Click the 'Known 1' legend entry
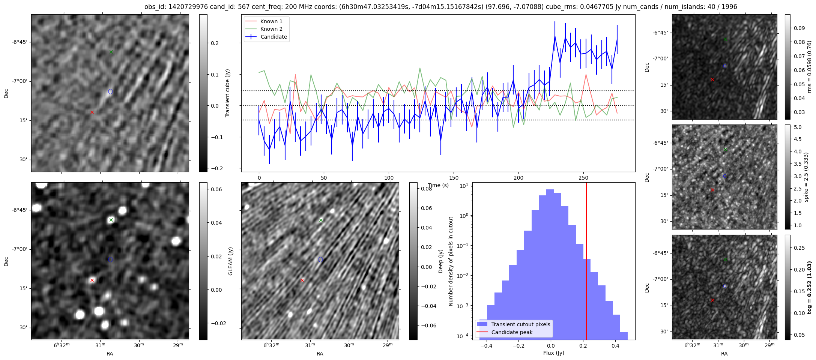pyautogui.click(x=271, y=21)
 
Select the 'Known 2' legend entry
pyautogui.click(x=271, y=29)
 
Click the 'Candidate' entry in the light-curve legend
pyautogui.click(x=274, y=37)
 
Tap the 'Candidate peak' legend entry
pyautogui.click(x=512, y=332)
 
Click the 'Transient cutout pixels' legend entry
pyautogui.click(x=520, y=324)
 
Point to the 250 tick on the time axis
pyautogui.click(x=583, y=178)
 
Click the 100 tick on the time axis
pyautogui.click(x=389, y=178)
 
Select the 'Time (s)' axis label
pyautogui.click(x=438, y=185)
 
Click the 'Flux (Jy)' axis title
pyautogui.click(x=553, y=353)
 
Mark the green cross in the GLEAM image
pyautogui.click(x=111, y=220)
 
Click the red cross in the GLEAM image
pyautogui.click(x=92, y=280)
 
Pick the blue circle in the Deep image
pyautogui.click(x=320, y=259)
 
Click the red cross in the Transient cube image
pyautogui.click(x=92, y=112)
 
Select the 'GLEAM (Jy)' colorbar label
pyautogui.click(x=230, y=261)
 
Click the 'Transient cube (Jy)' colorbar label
pyautogui.click(x=227, y=93)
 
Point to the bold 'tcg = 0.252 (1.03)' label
pyautogui.click(x=809, y=287)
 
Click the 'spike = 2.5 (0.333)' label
pyautogui.click(x=806, y=177)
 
